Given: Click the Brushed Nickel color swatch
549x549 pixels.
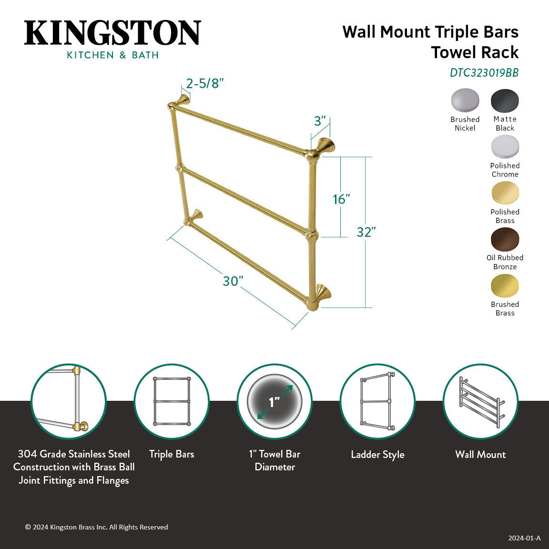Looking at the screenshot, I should [x=465, y=101].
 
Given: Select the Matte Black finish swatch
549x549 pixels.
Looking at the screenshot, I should [x=505, y=101].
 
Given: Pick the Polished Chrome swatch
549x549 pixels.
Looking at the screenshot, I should [x=505, y=147].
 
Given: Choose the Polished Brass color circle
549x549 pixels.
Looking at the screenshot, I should [x=505, y=193].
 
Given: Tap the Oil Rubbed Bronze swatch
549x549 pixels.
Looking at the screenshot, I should [x=505, y=239].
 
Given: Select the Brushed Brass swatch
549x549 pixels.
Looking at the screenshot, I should [x=505, y=286].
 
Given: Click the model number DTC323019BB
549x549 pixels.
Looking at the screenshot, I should [x=484, y=73].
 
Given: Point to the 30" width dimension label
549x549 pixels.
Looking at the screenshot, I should [x=233, y=281].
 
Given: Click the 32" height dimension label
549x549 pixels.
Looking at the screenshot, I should [x=366, y=232].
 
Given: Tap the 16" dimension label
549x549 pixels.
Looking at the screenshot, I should [x=341, y=199].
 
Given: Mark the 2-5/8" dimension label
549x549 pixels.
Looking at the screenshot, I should [x=205, y=83].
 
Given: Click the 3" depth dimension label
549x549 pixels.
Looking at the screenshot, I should [x=320, y=121].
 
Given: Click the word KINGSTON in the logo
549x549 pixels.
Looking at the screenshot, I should [x=112, y=33].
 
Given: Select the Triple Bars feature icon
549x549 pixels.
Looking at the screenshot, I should [x=172, y=401].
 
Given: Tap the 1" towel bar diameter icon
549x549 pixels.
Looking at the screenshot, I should [x=274, y=401].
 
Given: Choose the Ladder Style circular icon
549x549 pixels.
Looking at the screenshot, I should [x=377, y=401].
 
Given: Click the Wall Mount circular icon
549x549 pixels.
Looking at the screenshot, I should [x=480, y=401].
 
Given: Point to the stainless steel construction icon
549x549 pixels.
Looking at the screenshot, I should [x=69, y=401].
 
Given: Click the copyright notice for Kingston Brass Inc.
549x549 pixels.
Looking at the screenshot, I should [x=96, y=527].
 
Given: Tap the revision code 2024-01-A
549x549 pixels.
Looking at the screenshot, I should [x=524, y=538].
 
